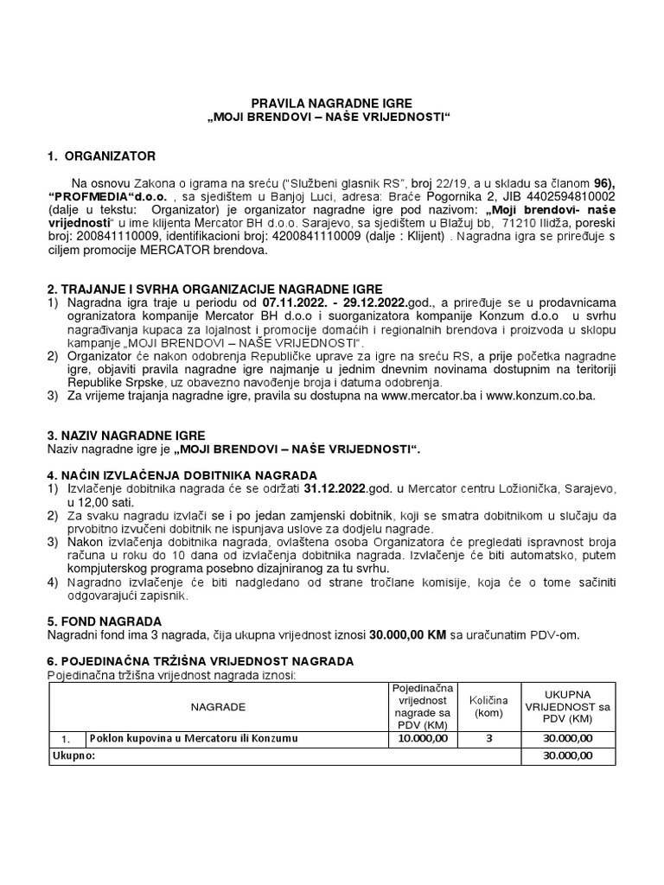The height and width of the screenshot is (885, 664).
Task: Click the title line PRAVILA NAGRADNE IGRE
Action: tap(331, 103)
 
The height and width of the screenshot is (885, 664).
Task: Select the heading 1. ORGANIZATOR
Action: tap(101, 156)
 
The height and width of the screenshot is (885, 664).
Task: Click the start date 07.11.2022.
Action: tap(299, 302)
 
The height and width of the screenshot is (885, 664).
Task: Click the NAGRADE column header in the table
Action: tap(218, 706)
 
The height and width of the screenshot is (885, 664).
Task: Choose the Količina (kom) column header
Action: tap(489, 706)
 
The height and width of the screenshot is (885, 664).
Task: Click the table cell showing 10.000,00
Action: tap(423, 738)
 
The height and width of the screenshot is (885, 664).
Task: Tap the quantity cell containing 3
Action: tap(489, 738)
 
